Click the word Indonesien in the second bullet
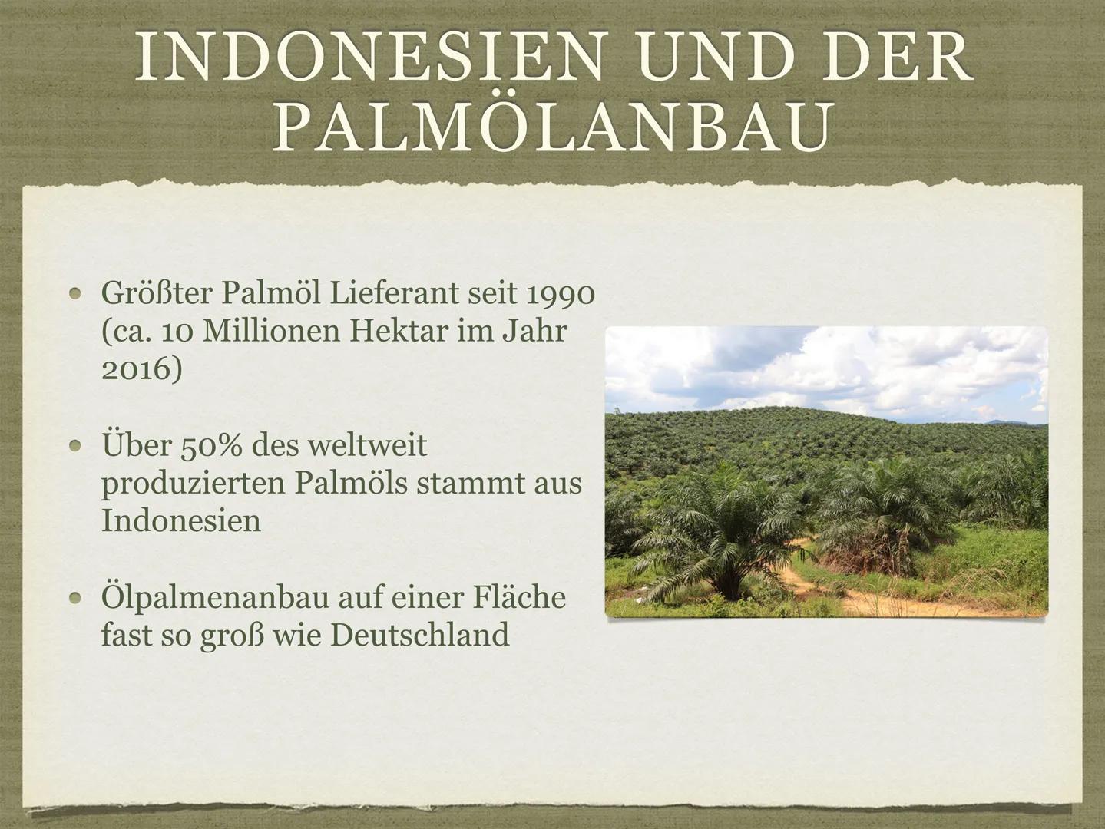click(180, 521)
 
